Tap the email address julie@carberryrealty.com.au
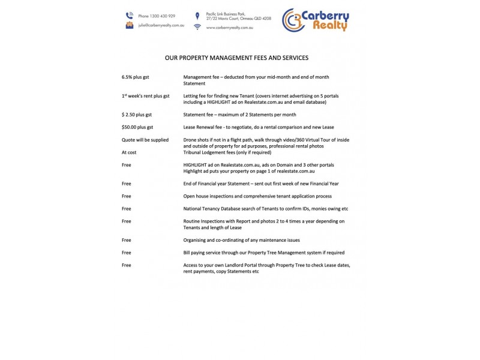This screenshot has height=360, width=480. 161,26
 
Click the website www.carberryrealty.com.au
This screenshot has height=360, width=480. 229,28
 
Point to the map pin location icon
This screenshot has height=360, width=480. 197,16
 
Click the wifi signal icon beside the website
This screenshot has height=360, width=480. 197,28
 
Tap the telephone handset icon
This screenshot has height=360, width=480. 129,16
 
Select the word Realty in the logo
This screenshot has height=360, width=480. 327,26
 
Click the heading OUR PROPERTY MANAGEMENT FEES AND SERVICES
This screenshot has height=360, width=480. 236,58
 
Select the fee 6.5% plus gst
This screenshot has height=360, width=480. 136,77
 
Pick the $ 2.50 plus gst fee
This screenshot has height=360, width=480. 136,114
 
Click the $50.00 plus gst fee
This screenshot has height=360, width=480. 137,127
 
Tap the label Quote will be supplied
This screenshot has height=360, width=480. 145,140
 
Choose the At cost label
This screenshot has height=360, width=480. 130,152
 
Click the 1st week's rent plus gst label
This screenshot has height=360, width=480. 145,96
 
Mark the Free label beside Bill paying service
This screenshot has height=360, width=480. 126,253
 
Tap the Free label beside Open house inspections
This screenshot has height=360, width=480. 126,196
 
